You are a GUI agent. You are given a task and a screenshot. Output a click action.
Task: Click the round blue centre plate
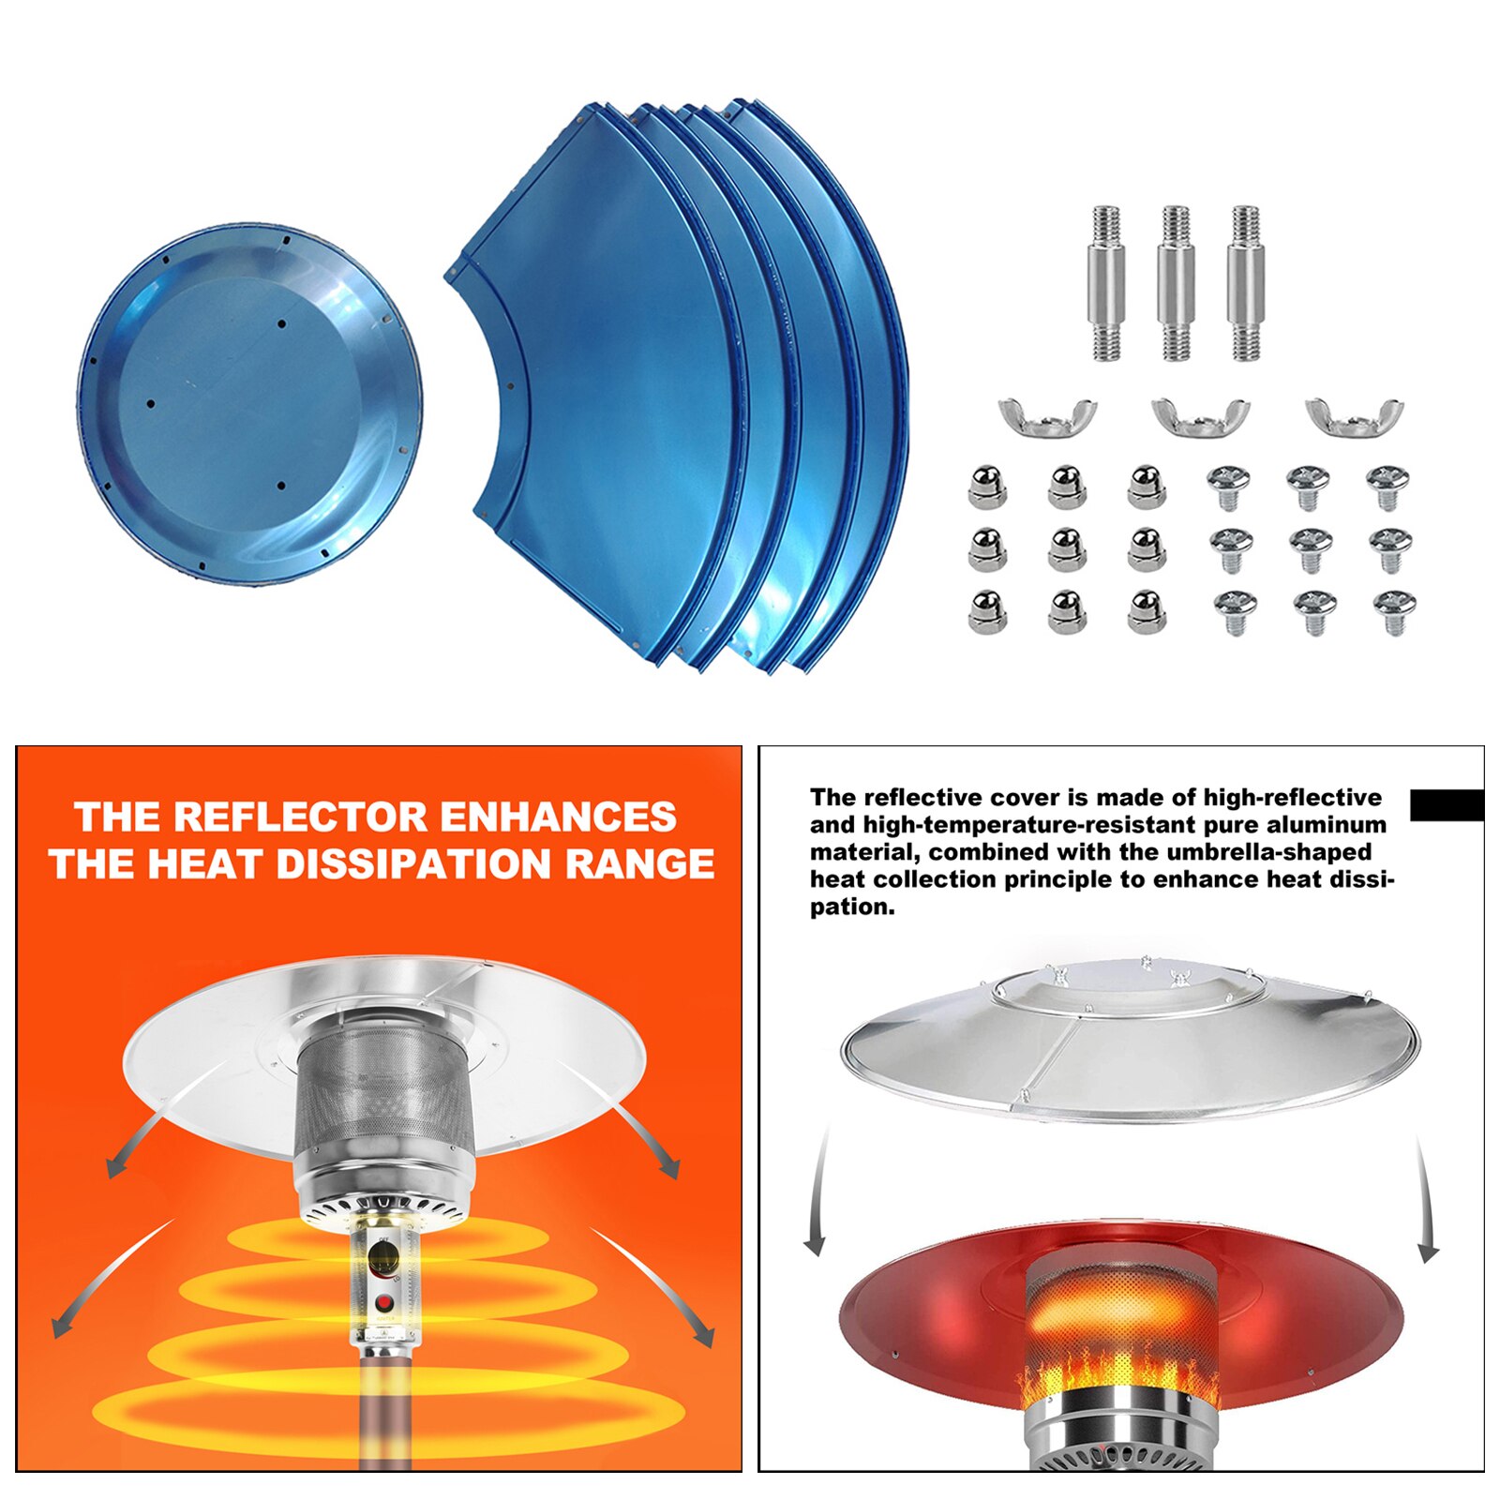(x=249, y=405)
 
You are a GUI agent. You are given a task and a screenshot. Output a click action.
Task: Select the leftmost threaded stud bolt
(x=1106, y=283)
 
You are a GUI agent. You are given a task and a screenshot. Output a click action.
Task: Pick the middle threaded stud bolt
(x=1176, y=283)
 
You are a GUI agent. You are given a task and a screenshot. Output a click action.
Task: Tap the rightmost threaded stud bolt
(x=1245, y=283)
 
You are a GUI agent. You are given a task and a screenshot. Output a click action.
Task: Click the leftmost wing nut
(x=1047, y=415)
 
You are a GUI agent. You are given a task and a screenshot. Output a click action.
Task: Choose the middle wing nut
(x=1201, y=415)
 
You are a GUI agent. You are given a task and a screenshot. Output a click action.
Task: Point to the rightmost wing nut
(x=1355, y=415)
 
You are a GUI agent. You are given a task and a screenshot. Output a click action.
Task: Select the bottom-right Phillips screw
(x=1394, y=611)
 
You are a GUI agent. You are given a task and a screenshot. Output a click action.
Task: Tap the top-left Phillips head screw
(x=1229, y=486)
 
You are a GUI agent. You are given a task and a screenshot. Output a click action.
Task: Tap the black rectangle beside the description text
(x=1447, y=805)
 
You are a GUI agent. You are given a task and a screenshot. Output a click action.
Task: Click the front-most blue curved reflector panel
(x=600, y=394)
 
